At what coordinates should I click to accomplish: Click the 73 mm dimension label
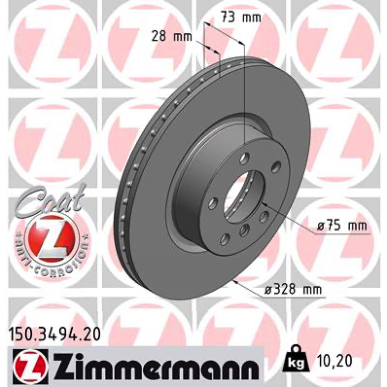click(240, 17)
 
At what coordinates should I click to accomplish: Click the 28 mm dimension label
click(172, 37)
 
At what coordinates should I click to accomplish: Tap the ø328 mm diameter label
click(293, 289)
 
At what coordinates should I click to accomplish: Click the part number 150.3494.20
click(55, 335)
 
